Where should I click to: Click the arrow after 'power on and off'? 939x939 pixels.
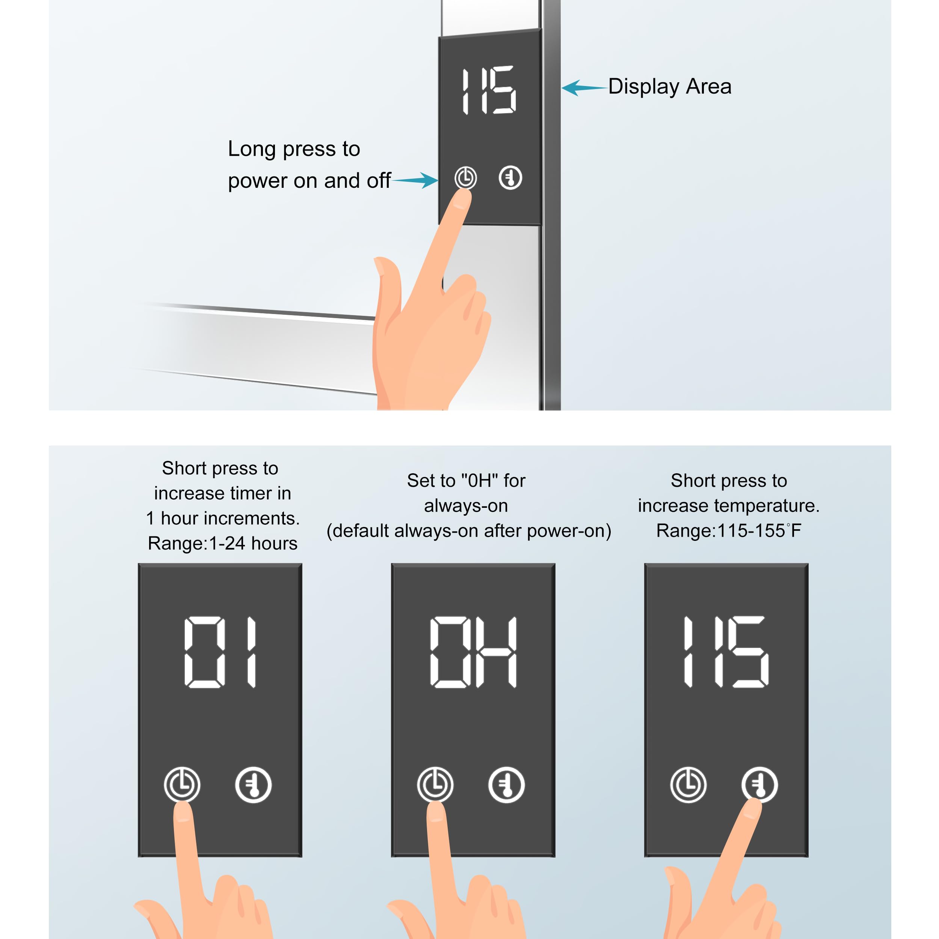tap(415, 180)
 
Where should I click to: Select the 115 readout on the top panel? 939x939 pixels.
tap(488, 91)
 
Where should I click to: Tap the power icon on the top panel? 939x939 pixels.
tap(466, 178)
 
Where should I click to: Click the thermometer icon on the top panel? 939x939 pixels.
tap(510, 178)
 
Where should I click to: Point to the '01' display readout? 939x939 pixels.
tap(220, 652)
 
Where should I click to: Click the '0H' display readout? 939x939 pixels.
tap(473, 652)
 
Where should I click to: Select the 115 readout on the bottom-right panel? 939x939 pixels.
tap(726, 652)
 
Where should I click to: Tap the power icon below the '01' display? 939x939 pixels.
tap(182, 785)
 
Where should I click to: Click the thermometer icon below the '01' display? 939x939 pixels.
tap(253, 785)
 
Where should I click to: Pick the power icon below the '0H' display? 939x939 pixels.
tap(435, 785)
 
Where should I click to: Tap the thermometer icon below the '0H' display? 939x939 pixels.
tap(506, 785)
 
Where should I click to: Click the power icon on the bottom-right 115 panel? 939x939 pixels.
tap(688, 785)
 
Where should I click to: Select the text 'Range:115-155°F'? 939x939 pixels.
tap(729, 531)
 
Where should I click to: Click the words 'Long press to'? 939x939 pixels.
tap(294, 149)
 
